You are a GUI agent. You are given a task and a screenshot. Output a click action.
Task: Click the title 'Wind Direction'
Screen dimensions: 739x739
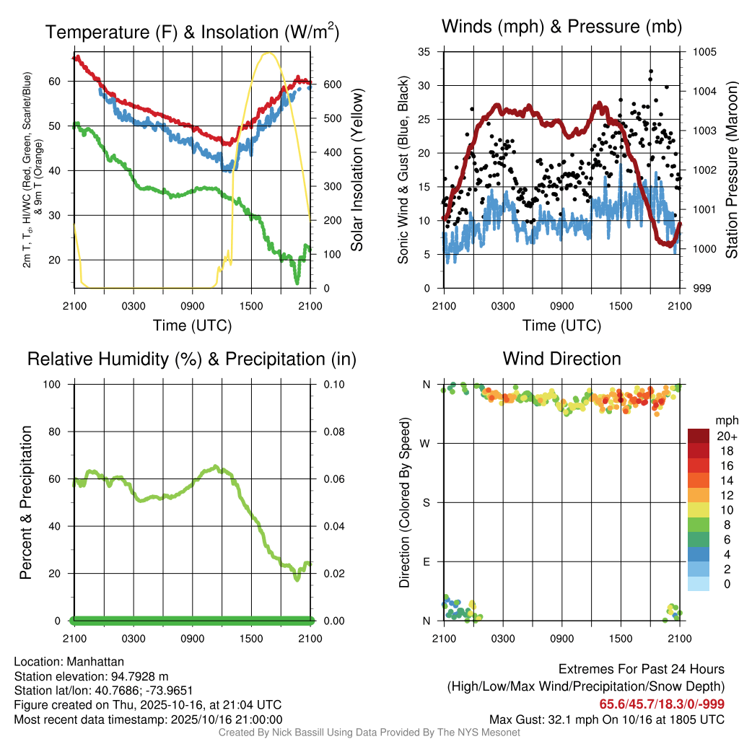(x=561, y=359)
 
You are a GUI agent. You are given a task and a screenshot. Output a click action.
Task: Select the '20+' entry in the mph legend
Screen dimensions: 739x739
(x=726, y=436)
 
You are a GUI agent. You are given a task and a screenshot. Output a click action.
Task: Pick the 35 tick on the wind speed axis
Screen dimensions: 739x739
(x=424, y=52)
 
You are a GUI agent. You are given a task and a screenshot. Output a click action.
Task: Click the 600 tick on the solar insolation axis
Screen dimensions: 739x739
(x=331, y=84)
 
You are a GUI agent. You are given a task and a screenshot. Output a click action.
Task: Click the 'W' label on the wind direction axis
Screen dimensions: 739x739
(x=427, y=443)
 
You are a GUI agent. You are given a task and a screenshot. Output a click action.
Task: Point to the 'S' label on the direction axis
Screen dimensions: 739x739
(x=427, y=502)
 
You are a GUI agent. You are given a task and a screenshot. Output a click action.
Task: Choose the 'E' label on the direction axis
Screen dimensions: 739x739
(x=427, y=561)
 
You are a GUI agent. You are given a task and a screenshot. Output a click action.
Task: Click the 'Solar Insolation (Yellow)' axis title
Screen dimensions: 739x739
(x=357, y=170)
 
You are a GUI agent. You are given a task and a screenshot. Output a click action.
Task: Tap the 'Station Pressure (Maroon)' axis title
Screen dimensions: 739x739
(x=730, y=170)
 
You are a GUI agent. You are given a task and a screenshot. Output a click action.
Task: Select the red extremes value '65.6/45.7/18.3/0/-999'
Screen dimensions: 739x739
(x=662, y=704)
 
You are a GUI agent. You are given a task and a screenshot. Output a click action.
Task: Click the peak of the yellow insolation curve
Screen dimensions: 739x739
(x=268, y=53)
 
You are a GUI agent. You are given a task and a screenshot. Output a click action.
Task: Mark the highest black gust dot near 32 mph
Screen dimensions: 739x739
(x=651, y=71)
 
